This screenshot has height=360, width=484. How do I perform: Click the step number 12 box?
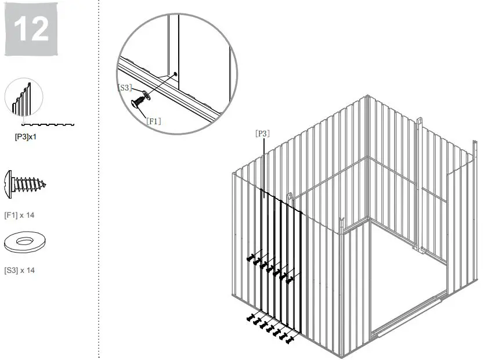32,29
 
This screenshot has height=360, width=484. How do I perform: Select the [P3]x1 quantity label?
26,138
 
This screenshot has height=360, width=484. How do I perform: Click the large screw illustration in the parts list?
25,185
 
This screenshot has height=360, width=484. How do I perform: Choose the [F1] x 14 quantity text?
20,215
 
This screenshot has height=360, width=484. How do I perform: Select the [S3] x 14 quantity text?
20,270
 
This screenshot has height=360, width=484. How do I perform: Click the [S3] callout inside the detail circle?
125,88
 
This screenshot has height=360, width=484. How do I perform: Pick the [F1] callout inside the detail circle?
153,121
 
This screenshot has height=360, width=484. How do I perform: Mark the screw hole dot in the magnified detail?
175,74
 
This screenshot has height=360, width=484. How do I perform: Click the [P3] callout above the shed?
262,133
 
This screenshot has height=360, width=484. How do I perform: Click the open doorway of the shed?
406,273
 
